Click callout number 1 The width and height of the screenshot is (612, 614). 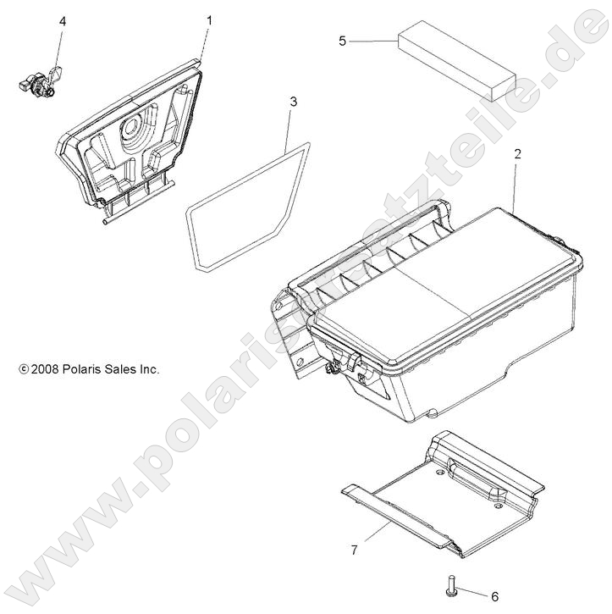(210, 19)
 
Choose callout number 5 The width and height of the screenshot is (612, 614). (342, 41)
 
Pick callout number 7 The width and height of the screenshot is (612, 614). (353, 550)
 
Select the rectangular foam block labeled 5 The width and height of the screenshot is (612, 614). (455, 61)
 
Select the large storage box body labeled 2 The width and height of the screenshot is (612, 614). (440, 313)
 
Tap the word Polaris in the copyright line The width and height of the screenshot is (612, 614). (87, 369)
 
